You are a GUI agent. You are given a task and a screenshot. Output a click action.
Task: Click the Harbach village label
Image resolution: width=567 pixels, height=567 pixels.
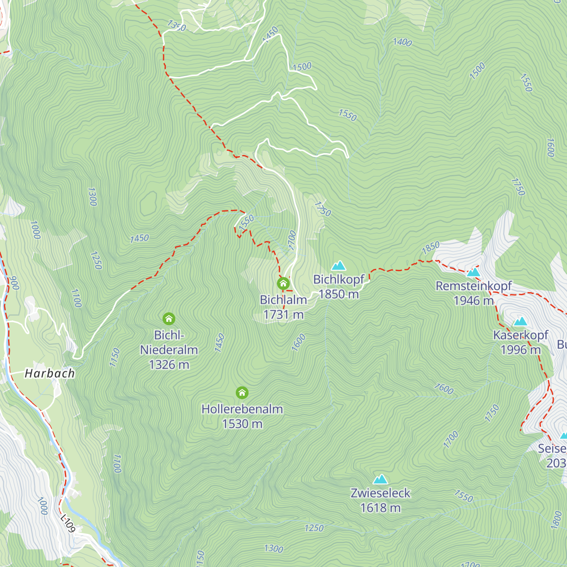(x=50, y=373)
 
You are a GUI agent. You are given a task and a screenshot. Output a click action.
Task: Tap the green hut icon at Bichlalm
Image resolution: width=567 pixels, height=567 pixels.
(x=283, y=283)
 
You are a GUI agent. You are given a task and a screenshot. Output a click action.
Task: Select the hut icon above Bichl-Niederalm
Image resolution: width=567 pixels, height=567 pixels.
(x=169, y=318)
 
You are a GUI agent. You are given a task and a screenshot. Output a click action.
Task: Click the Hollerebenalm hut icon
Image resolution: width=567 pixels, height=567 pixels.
(x=242, y=393)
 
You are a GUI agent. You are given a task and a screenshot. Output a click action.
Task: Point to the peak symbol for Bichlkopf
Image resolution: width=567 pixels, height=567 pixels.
(x=338, y=266)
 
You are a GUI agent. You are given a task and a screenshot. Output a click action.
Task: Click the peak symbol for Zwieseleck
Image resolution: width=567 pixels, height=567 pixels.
(x=380, y=480)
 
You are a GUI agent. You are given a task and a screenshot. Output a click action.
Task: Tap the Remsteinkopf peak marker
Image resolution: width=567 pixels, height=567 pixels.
(x=473, y=272)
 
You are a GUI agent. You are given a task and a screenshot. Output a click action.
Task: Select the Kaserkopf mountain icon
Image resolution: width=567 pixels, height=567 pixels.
(x=520, y=321)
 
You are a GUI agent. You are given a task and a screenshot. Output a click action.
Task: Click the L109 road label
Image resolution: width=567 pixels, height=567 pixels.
(x=68, y=523)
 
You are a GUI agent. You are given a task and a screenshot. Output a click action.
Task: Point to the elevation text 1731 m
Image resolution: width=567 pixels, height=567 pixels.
(x=283, y=315)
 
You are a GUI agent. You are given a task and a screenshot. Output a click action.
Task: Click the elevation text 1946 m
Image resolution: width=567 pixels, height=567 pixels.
(x=473, y=301)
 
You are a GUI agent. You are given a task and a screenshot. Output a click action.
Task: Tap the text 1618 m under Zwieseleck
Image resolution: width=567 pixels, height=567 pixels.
(x=380, y=508)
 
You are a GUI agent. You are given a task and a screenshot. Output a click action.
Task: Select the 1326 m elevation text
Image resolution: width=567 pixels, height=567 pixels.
(x=169, y=365)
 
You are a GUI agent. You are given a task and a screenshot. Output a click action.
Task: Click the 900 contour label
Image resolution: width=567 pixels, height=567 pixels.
(x=14, y=283)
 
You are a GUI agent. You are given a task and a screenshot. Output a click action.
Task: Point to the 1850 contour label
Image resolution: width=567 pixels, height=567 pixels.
(x=430, y=247)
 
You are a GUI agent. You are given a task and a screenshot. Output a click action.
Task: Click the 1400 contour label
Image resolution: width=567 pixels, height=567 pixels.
(x=403, y=42)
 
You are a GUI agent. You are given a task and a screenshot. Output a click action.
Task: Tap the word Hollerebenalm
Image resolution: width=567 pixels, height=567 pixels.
(x=242, y=409)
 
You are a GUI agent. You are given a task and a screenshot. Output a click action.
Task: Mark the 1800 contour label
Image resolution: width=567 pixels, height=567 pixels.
(x=557, y=520)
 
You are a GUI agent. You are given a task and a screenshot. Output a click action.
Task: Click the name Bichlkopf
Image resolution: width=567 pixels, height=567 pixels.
(x=339, y=279)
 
